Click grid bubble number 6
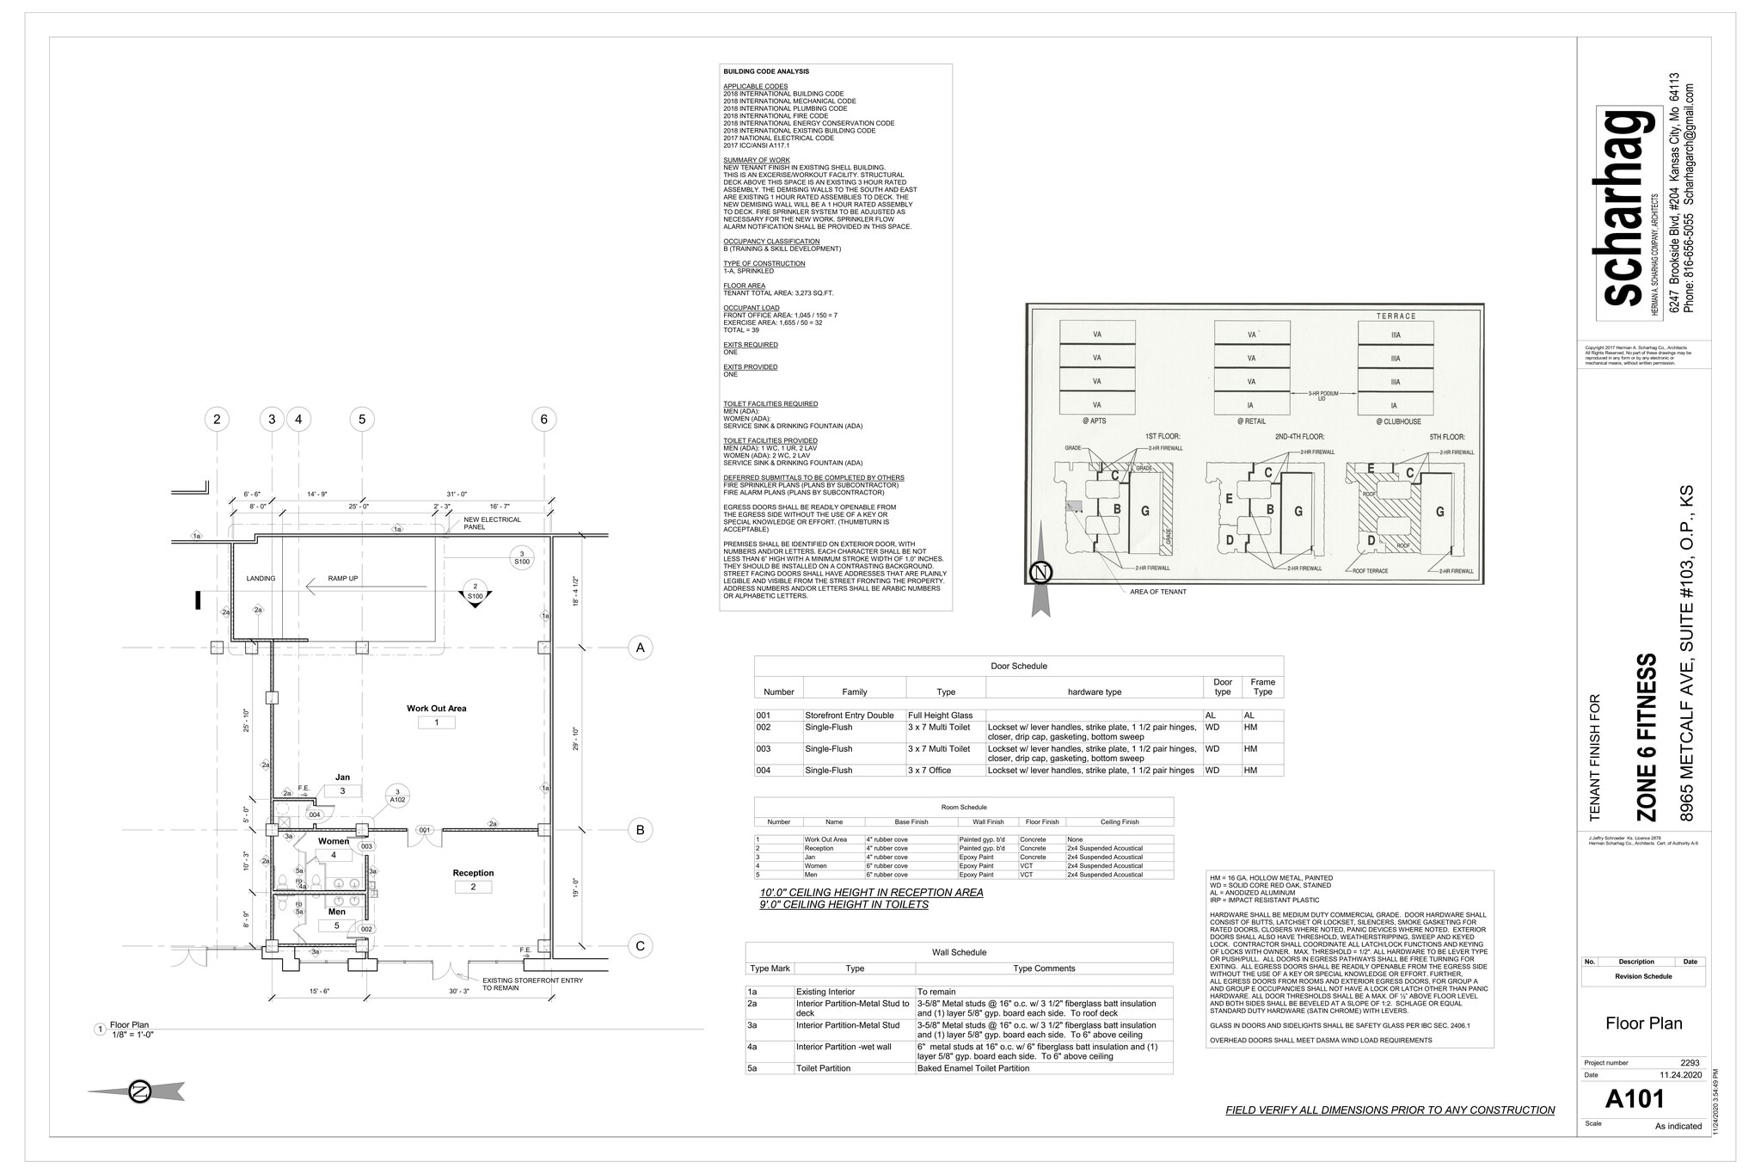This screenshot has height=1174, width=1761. [x=543, y=419]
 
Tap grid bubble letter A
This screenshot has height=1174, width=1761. [x=639, y=648]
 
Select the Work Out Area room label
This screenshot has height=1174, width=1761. [x=436, y=709]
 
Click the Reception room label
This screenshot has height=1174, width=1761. [x=473, y=873]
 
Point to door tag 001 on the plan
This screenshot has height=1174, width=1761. [x=425, y=830]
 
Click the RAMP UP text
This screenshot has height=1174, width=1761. [x=343, y=579]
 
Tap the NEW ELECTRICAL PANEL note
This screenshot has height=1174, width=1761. [x=492, y=523]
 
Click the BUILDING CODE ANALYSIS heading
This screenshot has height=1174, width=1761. [x=765, y=71]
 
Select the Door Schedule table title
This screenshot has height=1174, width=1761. [x=1018, y=666]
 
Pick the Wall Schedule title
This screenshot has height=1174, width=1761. [x=959, y=952]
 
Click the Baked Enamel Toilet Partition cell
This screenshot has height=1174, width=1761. [x=973, y=1068]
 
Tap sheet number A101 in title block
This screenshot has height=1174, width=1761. [x=1635, y=1099]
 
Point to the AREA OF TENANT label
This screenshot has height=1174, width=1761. [x=1157, y=592]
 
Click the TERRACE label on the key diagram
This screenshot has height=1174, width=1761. [x=1396, y=316]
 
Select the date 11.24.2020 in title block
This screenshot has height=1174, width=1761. [x=1680, y=1075]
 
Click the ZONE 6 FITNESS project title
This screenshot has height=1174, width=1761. [x=1644, y=737]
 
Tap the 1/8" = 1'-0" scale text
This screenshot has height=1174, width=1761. [x=132, y=1035]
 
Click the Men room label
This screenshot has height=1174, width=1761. [x=336, y=912]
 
